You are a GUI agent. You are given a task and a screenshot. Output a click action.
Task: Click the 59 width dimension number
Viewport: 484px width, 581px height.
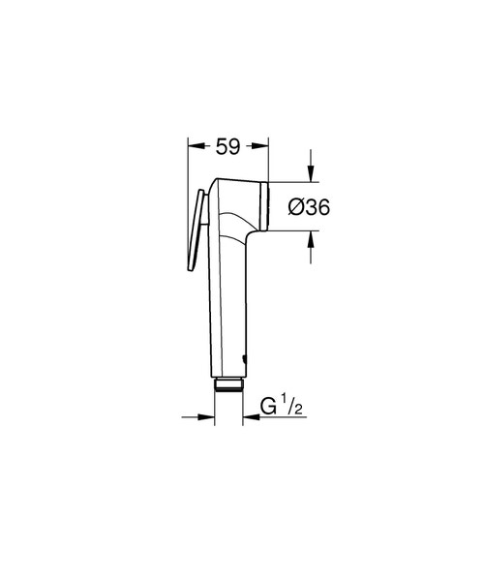227,148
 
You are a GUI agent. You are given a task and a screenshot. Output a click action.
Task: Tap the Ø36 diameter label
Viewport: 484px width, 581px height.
310,205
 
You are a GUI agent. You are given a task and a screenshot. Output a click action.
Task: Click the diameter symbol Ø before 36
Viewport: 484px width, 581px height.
297,205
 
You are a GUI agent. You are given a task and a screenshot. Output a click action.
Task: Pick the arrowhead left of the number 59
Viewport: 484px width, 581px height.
195,148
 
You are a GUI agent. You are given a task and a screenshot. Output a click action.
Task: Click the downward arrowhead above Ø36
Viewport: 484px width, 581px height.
310,174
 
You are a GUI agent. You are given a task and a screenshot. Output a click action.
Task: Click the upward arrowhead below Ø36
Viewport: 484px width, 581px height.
310,237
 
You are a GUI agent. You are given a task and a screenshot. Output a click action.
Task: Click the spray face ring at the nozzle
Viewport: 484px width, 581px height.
261,204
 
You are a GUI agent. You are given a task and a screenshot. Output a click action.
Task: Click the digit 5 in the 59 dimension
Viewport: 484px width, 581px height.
221,148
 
